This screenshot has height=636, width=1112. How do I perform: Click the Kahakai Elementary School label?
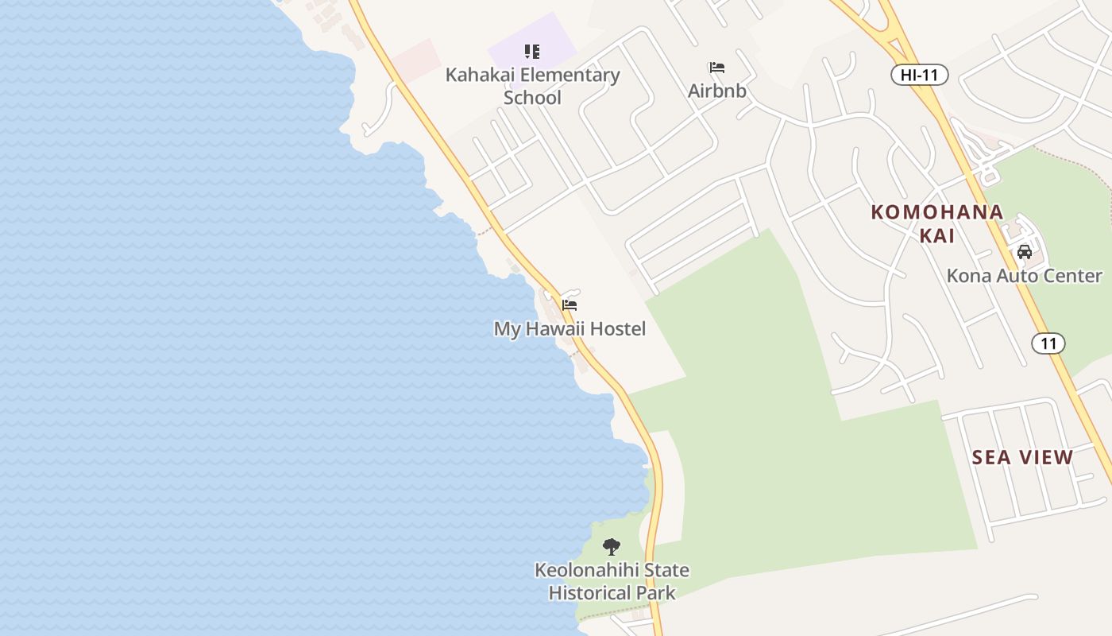(532, 86)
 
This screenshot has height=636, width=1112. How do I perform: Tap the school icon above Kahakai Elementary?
(532, 52)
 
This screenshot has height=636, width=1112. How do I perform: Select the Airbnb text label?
(717, 91)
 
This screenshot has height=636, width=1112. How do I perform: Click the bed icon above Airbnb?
(717, 68)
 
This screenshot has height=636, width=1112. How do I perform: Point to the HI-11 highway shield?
(919, 76)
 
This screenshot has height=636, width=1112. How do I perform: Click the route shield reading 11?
(1048, 343)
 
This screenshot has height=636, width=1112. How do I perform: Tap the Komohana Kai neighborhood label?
(937, 223)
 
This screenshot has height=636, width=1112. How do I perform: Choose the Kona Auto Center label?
(1024, 276)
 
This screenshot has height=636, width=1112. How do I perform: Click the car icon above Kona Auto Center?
(1025, 252)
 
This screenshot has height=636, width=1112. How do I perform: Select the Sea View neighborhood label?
(1023, 457)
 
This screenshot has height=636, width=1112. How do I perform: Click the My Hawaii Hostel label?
(570, 328)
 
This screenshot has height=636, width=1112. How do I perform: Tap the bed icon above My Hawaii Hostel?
(570, 305)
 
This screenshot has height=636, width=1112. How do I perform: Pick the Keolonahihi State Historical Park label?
(612, 581)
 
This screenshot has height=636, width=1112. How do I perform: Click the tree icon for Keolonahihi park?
(611, 547)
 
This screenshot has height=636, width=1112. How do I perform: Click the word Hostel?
(616, 328)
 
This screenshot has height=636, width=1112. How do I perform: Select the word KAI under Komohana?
(937, 235)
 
